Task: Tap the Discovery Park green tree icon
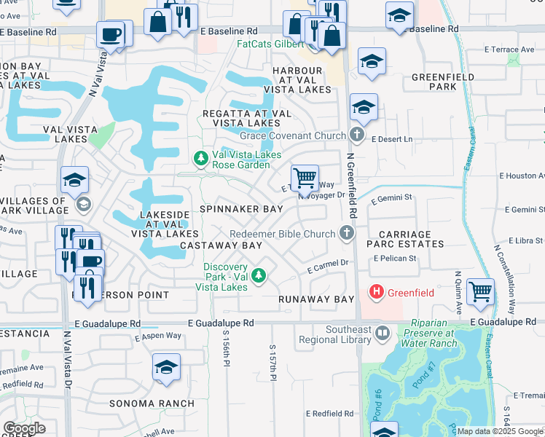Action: (259, 276)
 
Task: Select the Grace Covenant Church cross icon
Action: (356, 135)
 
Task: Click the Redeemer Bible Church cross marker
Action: (347, 233)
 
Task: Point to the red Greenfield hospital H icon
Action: (377, 293)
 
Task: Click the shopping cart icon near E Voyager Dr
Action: (305, 177)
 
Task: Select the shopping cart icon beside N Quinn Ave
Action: (480, 291)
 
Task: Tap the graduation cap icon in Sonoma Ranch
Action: (166, 368)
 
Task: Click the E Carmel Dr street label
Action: (329, 267)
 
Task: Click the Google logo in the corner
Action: (24, 428)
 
